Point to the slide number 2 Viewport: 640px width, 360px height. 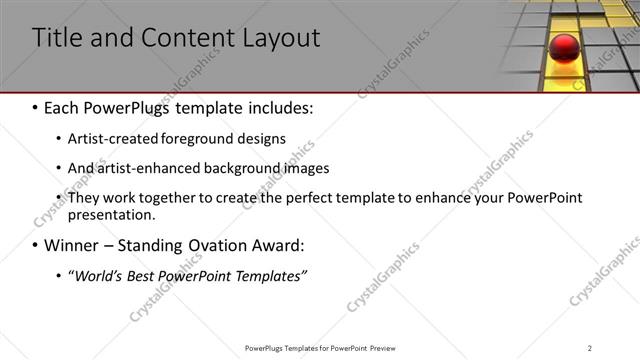point(590,348)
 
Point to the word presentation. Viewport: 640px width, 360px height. point(111,214)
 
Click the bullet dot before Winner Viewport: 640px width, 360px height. point(36,245)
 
